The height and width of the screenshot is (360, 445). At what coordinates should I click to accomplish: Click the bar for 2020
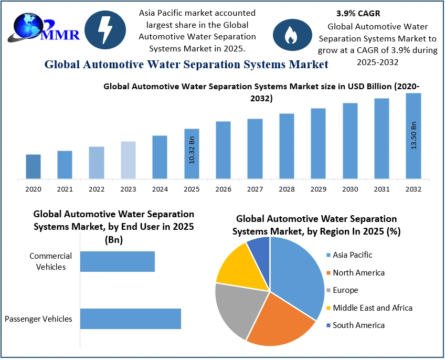(x=33, y=166)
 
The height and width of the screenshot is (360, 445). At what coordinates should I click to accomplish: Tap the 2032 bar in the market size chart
(x=414, y=136)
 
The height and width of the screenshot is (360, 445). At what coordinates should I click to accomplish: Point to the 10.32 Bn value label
(x=192, y=151)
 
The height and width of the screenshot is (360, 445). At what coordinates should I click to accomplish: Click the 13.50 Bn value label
(x=414, y=135)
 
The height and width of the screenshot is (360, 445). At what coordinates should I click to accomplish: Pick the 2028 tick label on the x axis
(x=287, y=189)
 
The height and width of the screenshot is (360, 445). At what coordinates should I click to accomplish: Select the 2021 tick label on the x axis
(x=65, y=189)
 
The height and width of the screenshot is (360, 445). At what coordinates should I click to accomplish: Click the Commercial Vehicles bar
(x=118, y=261)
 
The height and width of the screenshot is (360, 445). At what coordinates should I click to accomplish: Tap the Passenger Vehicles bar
(x=131, y=319)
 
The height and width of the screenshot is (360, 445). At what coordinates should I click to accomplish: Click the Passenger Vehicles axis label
(x=38, y=319)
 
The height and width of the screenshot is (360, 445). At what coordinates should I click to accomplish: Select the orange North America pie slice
(x=278, y=320)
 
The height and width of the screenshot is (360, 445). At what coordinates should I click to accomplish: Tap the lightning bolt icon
(x=105, y=31)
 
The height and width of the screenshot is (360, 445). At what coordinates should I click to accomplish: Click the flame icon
(x=289, y=35)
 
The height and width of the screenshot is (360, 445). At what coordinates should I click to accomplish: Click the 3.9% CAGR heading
(x=358, y=14)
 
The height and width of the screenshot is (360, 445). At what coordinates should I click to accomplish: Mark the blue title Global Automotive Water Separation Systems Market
(x=186, y=65)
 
